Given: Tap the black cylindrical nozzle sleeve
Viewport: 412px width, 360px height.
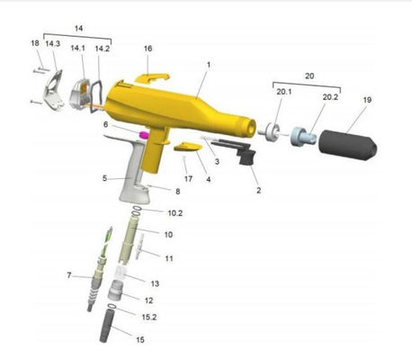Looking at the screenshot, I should click(345, 141).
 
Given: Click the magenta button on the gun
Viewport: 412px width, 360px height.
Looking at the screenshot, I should click(141, 134).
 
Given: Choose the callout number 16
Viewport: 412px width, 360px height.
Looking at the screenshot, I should click(148, 49).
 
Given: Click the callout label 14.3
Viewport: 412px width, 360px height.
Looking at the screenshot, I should click(53, 43).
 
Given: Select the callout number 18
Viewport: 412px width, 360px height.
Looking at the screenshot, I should click(34, 43).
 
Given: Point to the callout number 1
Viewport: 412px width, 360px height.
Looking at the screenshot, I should click(209, 65).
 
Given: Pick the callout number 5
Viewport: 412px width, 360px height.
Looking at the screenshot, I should click(104, 178).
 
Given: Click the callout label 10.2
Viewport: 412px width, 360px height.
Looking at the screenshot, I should click(175, 212).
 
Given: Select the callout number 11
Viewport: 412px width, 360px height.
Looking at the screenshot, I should click(168, 257).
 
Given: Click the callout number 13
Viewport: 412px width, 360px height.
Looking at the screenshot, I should click(155, 283).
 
